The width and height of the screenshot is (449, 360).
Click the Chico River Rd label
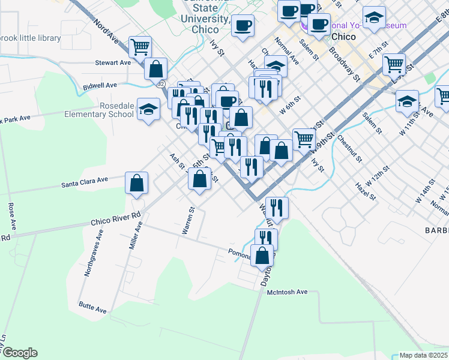pos(116,218)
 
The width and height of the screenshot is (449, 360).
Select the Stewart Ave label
pos(113,62)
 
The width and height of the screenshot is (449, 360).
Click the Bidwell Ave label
pos(100,86)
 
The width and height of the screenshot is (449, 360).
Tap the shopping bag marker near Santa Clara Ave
pos(137,182)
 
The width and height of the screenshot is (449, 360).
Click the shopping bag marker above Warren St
pos(200,178)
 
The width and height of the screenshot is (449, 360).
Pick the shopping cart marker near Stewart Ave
pos(140,46)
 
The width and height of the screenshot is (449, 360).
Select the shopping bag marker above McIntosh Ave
pos(262,256)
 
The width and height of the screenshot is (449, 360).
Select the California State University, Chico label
pos(206,13)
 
